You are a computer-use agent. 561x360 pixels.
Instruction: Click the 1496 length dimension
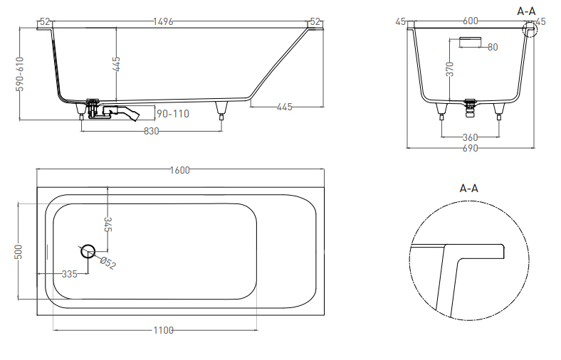coord(163,21)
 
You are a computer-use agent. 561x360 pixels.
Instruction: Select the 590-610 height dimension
coord(20,74)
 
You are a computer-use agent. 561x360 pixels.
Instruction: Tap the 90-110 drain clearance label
coord(173,114)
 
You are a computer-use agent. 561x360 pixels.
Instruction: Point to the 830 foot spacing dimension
coord(152,131)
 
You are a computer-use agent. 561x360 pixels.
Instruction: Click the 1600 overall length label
coord(179,170)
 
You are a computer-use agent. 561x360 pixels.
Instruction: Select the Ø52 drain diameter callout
coord(108,263)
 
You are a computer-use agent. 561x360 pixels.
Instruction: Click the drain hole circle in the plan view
coord(88,251)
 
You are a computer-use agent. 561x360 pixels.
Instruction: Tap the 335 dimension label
coord(69,274)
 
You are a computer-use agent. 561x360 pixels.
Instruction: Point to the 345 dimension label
coord(108,224)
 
